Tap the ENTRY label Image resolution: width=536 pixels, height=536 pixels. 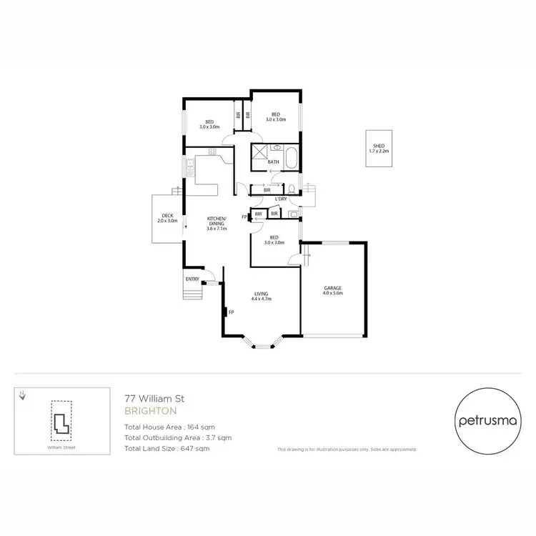192,279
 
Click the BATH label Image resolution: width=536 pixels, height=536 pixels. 273,162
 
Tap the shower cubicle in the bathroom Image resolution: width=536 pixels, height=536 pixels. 258,152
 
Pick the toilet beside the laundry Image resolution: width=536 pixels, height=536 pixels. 293,189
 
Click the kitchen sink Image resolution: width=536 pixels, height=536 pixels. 189,169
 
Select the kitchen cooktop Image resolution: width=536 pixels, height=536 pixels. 212,152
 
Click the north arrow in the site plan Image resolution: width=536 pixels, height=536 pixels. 24,394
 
